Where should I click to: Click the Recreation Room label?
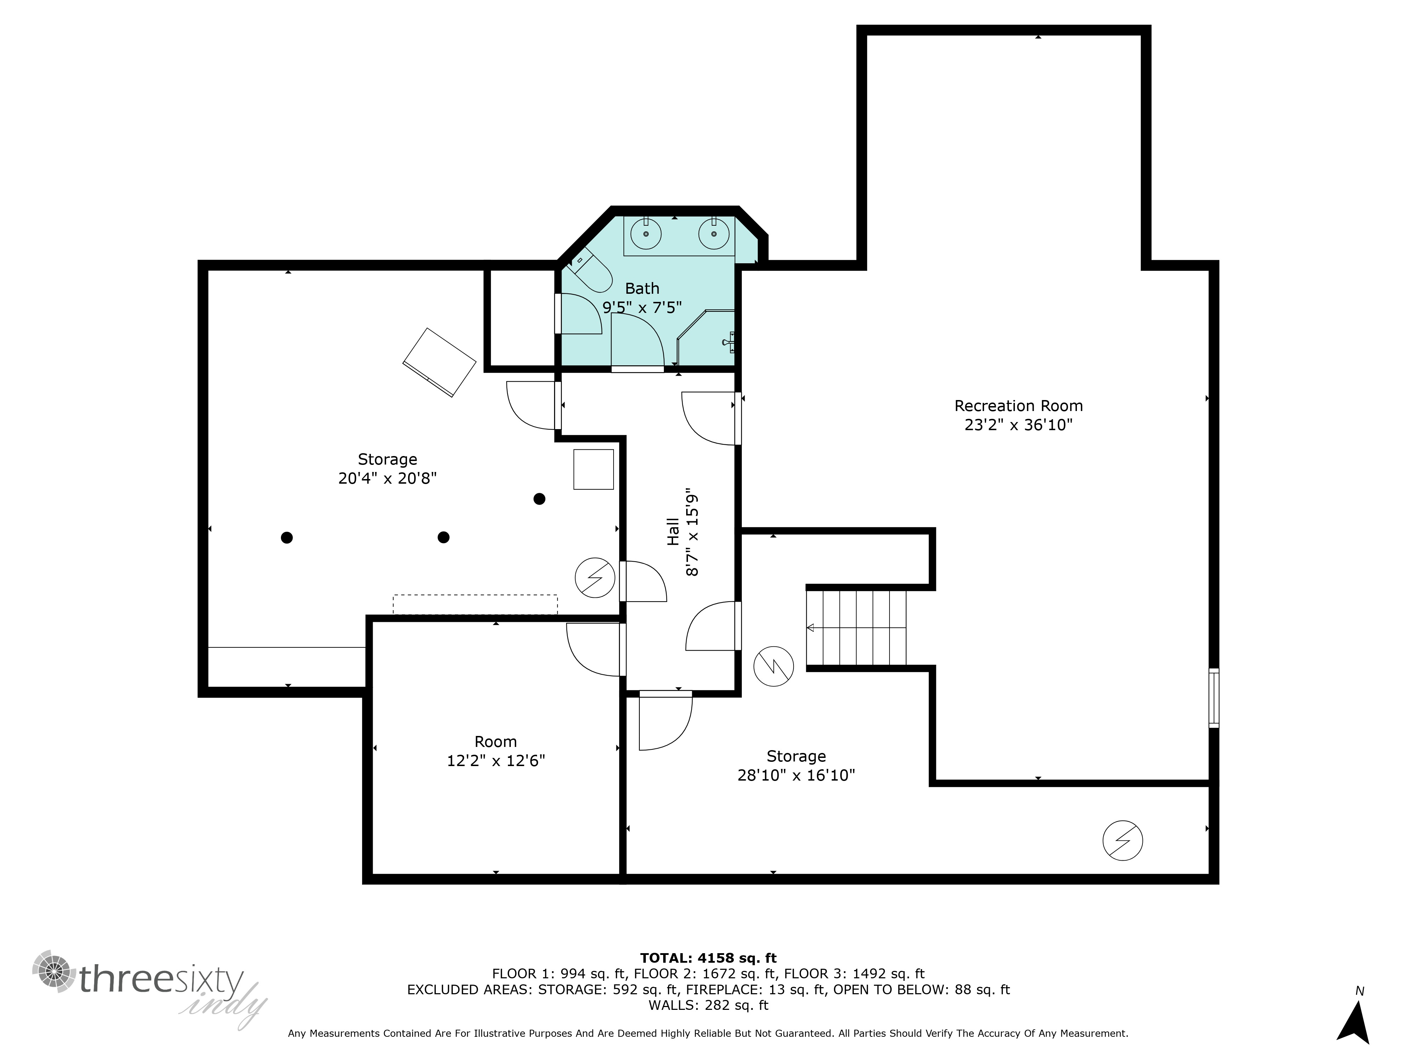tap(1018, 406)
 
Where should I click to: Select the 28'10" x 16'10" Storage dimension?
tap(796, 775)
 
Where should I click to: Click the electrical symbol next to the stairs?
tap(773, 667)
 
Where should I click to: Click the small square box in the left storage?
tap(593, 469)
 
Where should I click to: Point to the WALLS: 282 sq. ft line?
tap(708, 1005)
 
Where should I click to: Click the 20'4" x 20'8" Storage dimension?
tap(388, 478)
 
